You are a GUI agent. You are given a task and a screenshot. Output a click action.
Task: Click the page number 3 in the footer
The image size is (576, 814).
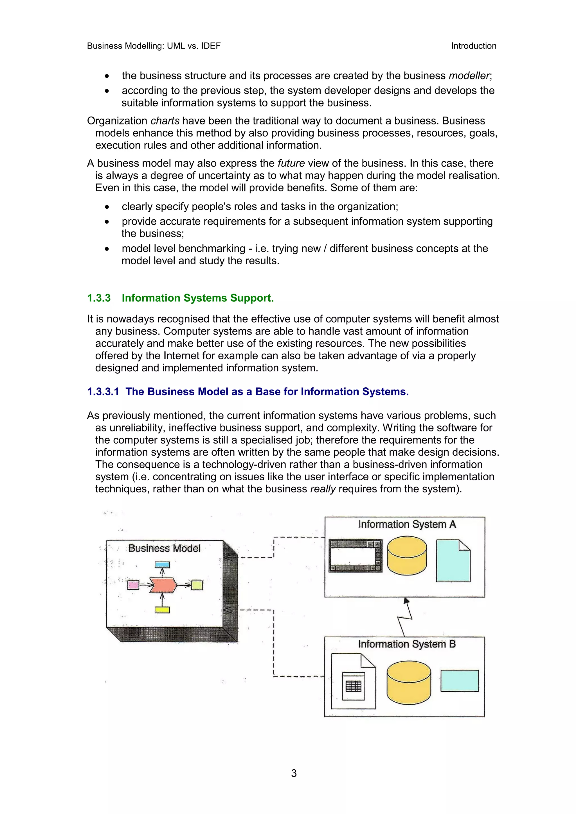pyautogui.click(x=294, y=773)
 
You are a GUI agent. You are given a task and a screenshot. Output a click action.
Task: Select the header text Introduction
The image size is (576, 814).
pyautogui.click(x=473, y=46)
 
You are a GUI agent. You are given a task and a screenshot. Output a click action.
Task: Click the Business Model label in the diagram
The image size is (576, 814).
pyautogui.click(x=164, y=549)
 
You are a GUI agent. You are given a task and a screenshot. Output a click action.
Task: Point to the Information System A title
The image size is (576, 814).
pyautogui.click(x=407, y=524)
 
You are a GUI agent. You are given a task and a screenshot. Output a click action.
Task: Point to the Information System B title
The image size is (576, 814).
pyautogui.click(x=407, y=644)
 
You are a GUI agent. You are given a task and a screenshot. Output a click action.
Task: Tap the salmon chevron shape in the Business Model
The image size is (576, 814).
pyautogui.click(x=163, y=585)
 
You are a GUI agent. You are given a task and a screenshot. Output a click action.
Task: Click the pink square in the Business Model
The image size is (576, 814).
pyautogui.click(x=133, y=585)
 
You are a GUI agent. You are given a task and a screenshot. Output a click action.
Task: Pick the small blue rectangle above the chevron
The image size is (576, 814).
pyautogui.click(x=162, y=565)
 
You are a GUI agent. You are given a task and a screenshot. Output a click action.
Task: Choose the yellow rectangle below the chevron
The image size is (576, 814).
pyautogui.click(x=162, y=610)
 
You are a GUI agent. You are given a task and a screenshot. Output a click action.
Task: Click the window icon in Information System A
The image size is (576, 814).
pyautogui.click(x=355, y=556)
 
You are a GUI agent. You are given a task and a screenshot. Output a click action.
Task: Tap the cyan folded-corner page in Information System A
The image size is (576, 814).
pyautogui.click(x=453, y=561)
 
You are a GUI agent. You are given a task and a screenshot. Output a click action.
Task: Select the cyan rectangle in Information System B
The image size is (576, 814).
pyautogui.click(x=460, y=681)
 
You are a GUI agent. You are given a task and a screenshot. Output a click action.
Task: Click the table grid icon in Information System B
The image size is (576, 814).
pyautogui.click(x=354, y=686)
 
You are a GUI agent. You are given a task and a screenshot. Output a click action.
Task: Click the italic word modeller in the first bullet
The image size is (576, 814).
pyautogui.click(x=469, y=76)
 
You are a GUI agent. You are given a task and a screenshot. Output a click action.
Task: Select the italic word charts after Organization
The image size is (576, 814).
pyautogui.click(x=165, y=120)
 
